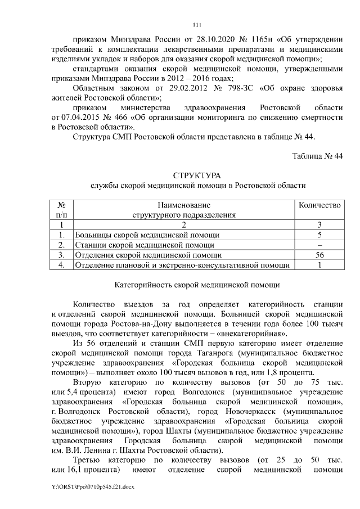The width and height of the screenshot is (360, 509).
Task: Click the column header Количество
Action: point(319,206)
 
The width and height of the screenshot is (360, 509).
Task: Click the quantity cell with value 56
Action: point(319,255)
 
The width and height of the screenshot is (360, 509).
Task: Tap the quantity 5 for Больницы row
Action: point(319,235)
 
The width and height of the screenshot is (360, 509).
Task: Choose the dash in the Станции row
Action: point(319,245)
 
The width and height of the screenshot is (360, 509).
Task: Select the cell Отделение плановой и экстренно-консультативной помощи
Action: point(182,265)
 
